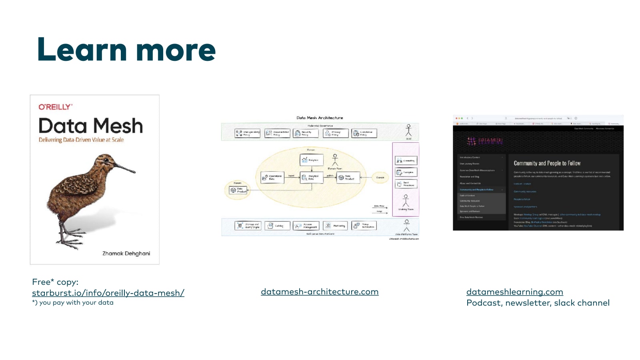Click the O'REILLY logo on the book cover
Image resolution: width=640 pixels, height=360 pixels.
(x=56, y=107)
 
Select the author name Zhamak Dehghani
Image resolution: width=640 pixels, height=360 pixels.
(x=126, y=253)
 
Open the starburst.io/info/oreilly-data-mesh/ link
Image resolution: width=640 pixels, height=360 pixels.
(x=108, y=293)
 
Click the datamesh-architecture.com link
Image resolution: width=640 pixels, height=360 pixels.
(x=320, y=292)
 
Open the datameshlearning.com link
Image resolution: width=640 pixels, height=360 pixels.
(x=514, y=292)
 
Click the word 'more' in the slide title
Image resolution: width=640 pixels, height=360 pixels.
(x=176, y=50)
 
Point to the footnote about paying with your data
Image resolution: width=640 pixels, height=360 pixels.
(x=73, y=303)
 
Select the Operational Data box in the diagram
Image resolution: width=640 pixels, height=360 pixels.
(x=272, y=177)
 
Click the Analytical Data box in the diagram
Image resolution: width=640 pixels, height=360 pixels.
(x=311, y=177)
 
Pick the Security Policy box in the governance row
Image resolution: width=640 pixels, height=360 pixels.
(x=306, y=133)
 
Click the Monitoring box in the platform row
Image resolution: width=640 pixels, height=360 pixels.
(x=335, y=226)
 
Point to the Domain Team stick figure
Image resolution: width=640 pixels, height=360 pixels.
(x=335, y=160)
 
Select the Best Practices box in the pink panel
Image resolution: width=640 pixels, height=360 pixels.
(x=406, y=184)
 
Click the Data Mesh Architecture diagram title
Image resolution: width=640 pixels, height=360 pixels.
(x=320, y=118)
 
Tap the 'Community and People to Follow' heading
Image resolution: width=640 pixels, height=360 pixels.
(x=547, y=163)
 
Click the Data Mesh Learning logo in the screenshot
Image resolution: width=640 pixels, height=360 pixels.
(x=484, y=141)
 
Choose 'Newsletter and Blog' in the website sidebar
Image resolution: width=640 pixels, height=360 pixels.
(x=470, y=176)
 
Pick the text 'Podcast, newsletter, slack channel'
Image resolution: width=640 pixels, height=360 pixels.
(x=538, y=303)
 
